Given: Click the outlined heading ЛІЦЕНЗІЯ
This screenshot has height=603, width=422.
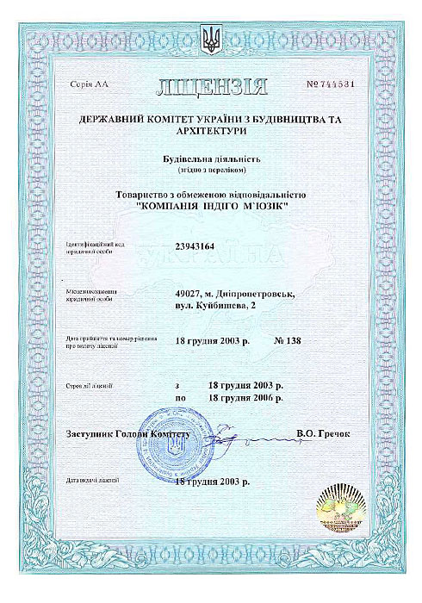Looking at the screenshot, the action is (212, 86).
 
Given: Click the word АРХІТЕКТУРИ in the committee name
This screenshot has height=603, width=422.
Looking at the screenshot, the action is (210, 133).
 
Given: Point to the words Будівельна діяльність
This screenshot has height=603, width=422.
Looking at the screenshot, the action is (211, 159).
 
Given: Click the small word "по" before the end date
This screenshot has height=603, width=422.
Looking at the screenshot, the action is (180, 399).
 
